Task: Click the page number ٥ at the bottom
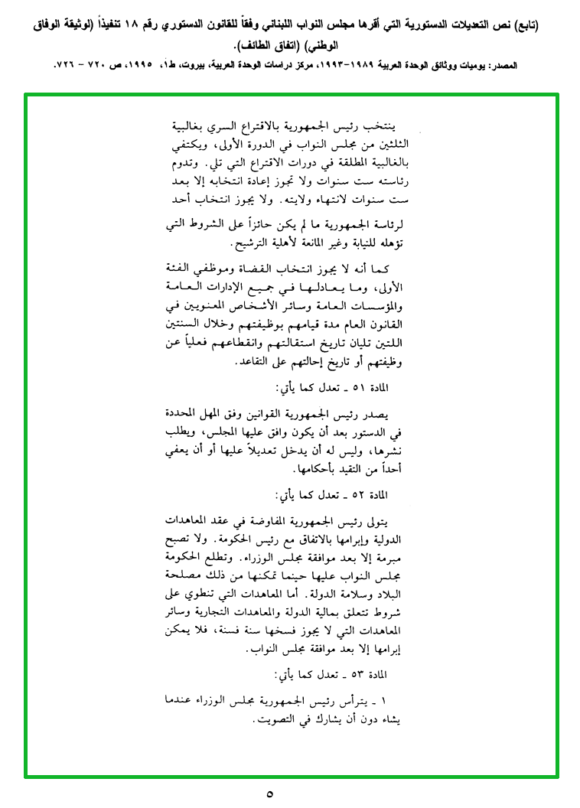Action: pos(270,793)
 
